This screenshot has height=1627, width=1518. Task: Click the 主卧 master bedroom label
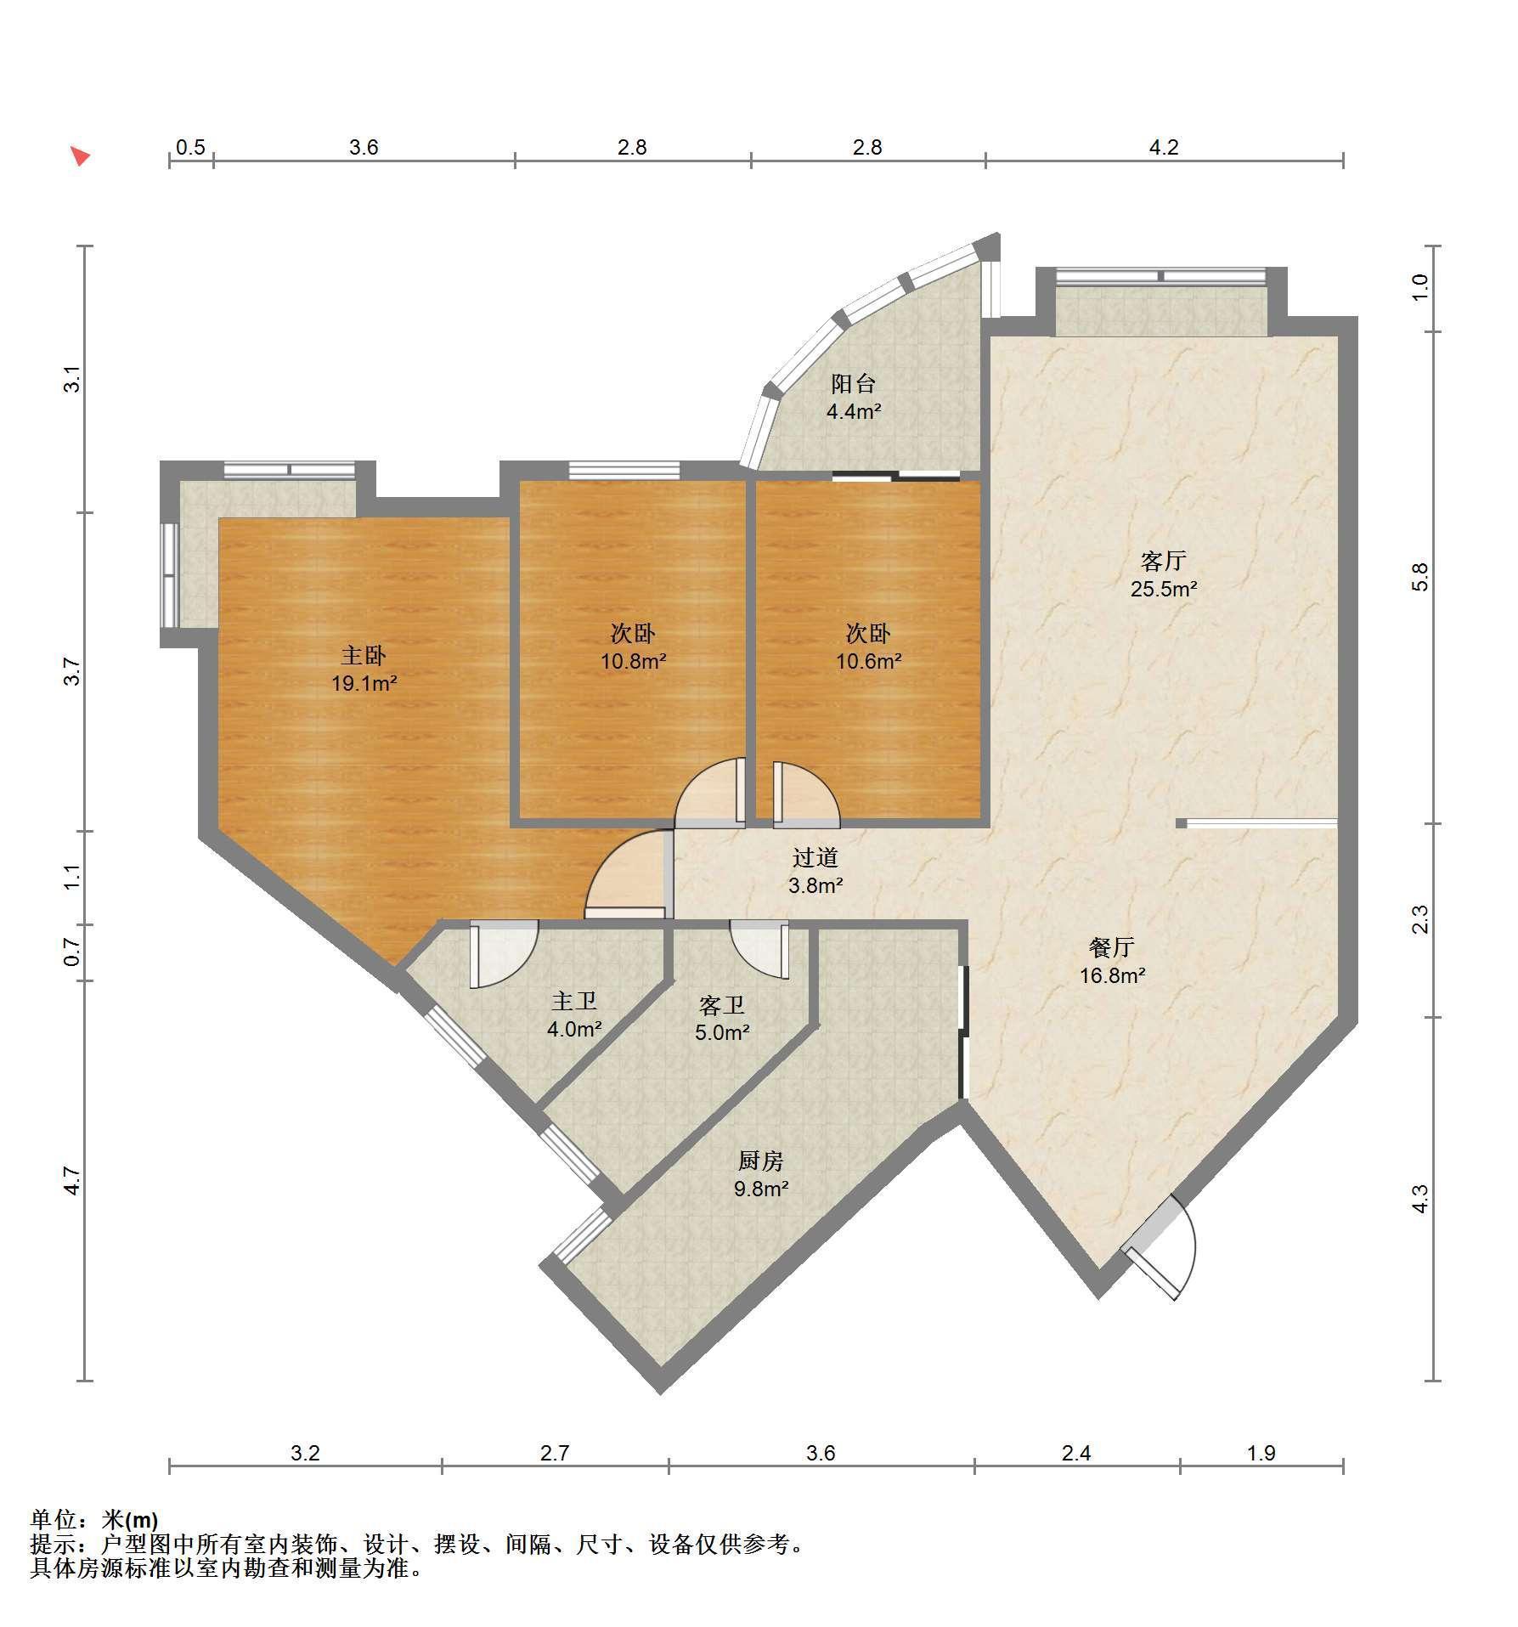coord(364,655)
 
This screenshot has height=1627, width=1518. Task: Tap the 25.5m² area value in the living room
coord(1164,589)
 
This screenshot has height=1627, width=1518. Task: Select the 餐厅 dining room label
coord(1112,947)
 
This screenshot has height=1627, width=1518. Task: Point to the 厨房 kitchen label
coord(760,1161)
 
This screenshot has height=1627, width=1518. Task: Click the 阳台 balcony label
coord(853,384)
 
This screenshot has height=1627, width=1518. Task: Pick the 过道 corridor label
coord(815,858)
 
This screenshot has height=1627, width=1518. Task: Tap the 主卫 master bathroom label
coord(574,1003)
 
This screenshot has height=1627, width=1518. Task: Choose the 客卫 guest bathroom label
coord(722,1006)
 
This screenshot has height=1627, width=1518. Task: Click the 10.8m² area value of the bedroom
coord(634,661)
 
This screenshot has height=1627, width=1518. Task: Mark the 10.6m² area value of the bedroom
coord(869,661)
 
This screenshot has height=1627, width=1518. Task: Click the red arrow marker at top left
coord(80,155)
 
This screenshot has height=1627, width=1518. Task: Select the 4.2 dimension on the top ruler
coord(1164,148)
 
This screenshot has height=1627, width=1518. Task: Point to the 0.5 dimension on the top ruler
coord(190,148)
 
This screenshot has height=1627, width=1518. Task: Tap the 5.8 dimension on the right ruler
coord(1420,577)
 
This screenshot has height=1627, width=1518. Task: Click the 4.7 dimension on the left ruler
coord(73,1181)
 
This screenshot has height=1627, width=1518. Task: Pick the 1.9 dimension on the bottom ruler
coord(1261,1453)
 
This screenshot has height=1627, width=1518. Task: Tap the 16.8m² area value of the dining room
coord(1113,976)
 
